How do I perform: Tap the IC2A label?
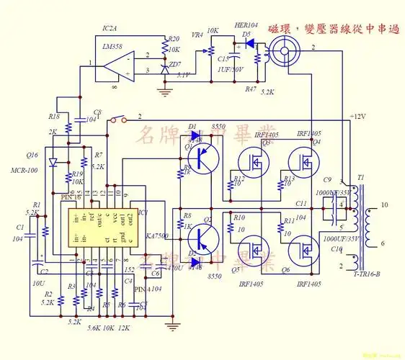pos(110,28)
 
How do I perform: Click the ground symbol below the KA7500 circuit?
pos(172,326)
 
